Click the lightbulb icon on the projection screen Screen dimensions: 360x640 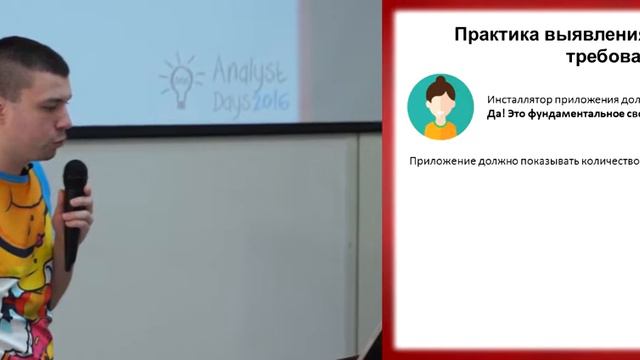coord(179,81)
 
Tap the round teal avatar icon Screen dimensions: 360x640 coord(440,106)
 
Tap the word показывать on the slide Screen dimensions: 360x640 coord(557,161)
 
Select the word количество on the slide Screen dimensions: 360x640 coord(610,161)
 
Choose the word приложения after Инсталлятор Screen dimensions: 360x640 coord(590,100)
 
